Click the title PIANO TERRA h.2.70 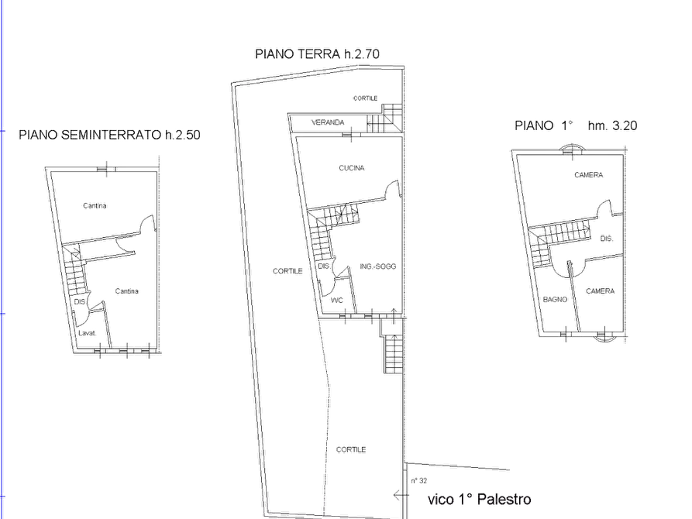(317, 54)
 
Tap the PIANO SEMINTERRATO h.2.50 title (109, 135)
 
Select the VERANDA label (328, 122)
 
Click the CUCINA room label (351, 167)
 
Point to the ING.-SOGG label (378, 266)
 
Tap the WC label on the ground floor (337, 300)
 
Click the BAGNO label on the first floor (555, 299)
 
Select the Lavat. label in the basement (88, 333)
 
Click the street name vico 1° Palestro (479, 499)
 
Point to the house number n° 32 (418, 480)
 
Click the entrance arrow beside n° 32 (401, 495)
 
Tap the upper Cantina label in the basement (95, 205)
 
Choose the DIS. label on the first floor (607, 239)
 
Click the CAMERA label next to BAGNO (601, 290)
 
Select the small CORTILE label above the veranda (366, 98)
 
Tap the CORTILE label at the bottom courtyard (351, 449)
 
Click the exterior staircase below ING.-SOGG (393, 354)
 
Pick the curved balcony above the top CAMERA (572, 146)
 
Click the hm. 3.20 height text (612, 125)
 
